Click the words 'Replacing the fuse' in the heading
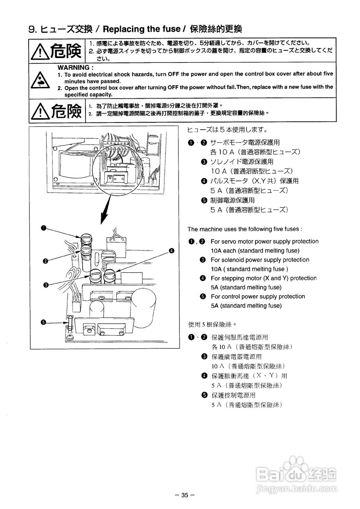click(142, 29)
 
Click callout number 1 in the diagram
click(44, 228)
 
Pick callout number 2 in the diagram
click(45, 261)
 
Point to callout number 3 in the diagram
click(47, 285)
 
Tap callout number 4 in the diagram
click(171, 251)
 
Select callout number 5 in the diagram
click(44, 322)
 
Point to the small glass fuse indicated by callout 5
click(70, 322)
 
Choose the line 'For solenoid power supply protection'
click(260, 260)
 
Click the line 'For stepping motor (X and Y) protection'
click(263, 278)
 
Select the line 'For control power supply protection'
click(258, 296)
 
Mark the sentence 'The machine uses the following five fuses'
click(245, 229)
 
